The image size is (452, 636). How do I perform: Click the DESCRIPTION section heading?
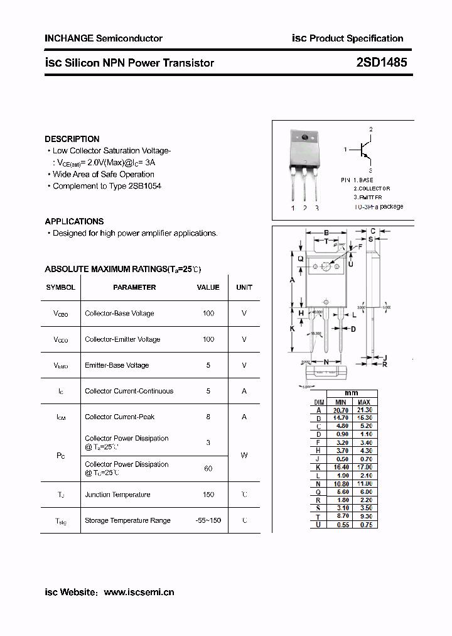click(72, 139)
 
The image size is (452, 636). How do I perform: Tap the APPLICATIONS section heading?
click(74, 221)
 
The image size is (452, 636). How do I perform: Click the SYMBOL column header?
click(60, 287)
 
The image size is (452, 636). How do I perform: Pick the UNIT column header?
click(244, 287)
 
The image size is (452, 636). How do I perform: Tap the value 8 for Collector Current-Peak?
click(208, 417)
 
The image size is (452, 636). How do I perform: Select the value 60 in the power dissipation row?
click(208, 468)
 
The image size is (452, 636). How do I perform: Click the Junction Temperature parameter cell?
click(117, 495)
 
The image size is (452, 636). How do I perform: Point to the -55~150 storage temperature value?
click(208, 520)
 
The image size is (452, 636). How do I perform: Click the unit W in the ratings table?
click(244, 456)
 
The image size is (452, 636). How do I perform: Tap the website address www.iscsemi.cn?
click(139, 592)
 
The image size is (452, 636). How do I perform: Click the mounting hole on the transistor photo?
click(305, 138)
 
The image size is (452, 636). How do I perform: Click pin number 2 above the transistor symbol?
click(370, 129)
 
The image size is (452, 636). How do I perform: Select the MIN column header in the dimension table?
click(340, 402)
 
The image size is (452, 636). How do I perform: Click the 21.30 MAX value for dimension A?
click(364, 410)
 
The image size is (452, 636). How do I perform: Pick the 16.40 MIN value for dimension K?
click(340, 467)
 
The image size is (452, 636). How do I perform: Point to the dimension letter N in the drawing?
click(326, 362)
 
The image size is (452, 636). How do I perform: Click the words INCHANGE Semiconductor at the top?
click(104, 38)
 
